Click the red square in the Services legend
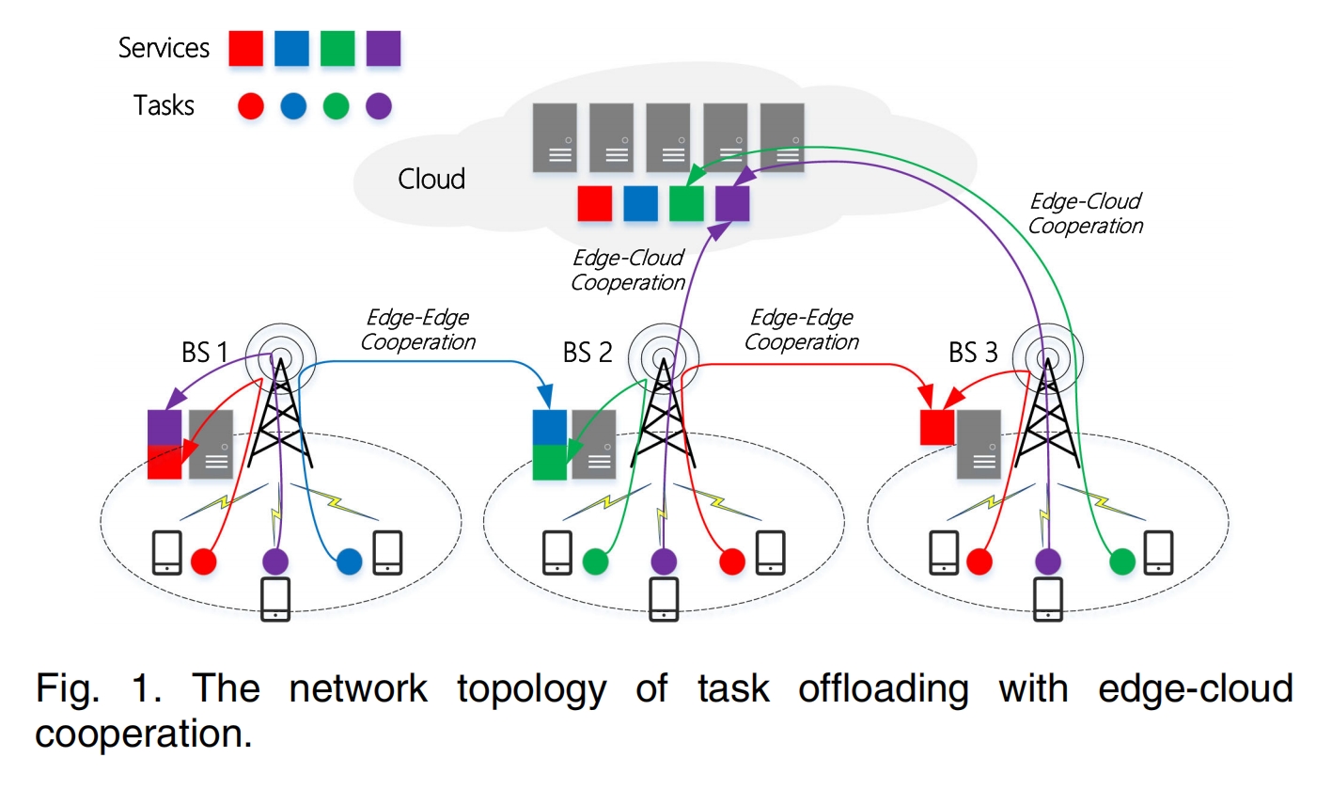tap(246, 49)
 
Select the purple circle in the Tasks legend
tap(379, 106)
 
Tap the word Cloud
tap(431, 179)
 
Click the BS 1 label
tap(204, 354)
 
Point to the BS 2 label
tap(588, 354)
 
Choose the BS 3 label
tap(973, 354)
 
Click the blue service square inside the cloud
tap(641, 203)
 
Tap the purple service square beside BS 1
tap(165, 427)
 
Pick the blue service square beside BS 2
tap(549, 427)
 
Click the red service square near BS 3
tap(936, 427)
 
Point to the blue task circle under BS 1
tap(349, 561)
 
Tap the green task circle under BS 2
tap(595, 561)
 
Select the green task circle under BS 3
tap(1121, 561)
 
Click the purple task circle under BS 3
tap(1047, 561)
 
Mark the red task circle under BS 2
tap(732, 561)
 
